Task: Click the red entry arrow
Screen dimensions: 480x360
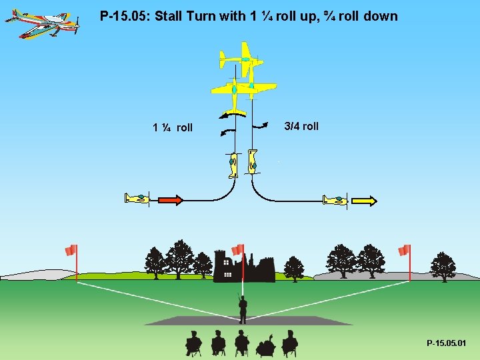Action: coord(169,199)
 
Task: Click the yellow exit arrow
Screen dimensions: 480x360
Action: coord(365,200)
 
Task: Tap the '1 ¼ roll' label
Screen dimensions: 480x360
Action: coord(173,127)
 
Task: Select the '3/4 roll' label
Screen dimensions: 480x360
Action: coord(301,126)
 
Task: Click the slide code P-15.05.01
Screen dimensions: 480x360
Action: coord(447,343)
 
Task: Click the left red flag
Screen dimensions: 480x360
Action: coord(71,251)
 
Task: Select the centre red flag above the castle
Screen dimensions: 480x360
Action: coord(238,249)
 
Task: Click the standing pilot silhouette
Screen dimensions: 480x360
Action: coord(243,308)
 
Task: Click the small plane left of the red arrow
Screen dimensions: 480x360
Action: coord(137,198)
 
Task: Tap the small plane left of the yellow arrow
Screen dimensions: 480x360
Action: coord(335,199)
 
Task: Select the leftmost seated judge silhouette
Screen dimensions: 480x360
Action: coord(193,343)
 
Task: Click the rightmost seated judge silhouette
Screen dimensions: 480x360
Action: coord(289,343)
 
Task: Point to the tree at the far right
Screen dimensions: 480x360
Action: coord(443,266)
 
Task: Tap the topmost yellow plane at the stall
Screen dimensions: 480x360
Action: coord(243,60)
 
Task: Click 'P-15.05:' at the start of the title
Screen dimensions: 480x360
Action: coord(125,15)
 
